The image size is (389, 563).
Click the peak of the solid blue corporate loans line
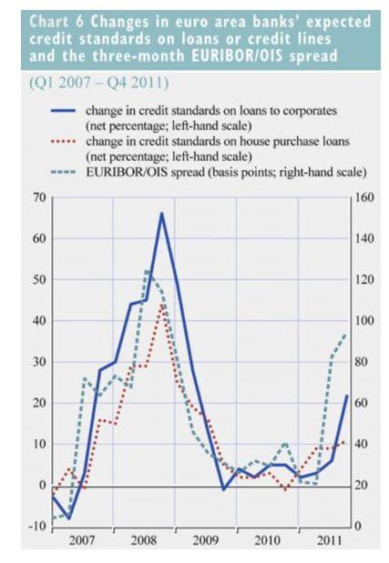click(162, 213)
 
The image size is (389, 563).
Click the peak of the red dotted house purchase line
click(162, 305)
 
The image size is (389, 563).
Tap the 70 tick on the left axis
click(40, 197)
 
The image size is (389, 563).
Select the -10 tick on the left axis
click(37, 526)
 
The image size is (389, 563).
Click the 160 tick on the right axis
click(364, 197)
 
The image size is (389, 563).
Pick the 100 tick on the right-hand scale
click(364, 321)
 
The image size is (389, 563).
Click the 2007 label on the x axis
click(82, 540)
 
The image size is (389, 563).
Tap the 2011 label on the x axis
click(329, 540)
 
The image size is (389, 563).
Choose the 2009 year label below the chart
click(205, 540)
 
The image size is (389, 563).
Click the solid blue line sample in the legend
click(63, 111)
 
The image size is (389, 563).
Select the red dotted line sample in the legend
click(63, 142)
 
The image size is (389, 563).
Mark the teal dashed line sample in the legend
click(63, 172)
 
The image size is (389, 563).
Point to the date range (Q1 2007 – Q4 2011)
click(99, 84)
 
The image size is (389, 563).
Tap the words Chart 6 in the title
click(56, 22)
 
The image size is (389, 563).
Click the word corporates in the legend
click(310, 111)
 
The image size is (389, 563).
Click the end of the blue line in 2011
click(347, 396)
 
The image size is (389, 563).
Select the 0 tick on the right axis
click(357, 526)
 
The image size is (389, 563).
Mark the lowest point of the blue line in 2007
click(68, 518)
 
